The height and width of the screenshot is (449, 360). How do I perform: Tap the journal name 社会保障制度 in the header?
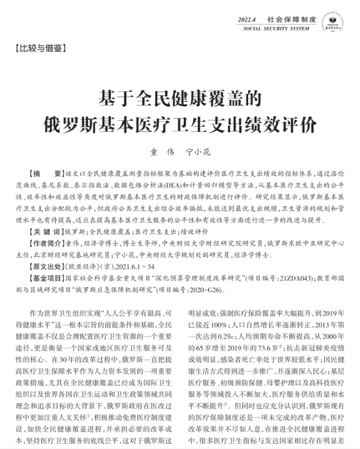click(288, 20)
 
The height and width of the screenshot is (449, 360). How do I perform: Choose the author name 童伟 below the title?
click(160, 153)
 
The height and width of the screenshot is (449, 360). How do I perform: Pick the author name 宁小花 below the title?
click(199, 153)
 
